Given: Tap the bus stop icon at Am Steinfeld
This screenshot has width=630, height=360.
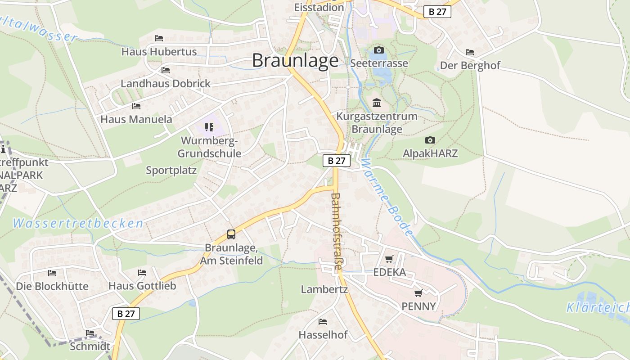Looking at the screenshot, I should (231, 234).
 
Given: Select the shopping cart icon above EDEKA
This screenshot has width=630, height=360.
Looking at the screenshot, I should (389, 259).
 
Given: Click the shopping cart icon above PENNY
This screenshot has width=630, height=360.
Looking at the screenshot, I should (418, 293).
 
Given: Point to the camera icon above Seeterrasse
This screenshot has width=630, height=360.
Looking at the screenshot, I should (379, 50).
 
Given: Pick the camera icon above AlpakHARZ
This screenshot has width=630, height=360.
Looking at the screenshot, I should (430, 140).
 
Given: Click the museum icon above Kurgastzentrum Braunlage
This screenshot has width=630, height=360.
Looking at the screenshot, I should (377, 103).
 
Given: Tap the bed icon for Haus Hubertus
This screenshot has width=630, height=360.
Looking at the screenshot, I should (158, 38).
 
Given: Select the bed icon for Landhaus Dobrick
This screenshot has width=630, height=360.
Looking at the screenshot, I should (166, 70).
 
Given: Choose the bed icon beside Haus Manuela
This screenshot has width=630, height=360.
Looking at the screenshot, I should (136, 106).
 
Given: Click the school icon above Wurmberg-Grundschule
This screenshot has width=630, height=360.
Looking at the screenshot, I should (209, 127).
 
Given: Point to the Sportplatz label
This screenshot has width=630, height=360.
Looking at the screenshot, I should (171, 171).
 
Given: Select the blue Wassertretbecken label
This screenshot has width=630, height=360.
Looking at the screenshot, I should (78, 223).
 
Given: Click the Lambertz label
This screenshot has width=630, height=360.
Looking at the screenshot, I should (324, 289).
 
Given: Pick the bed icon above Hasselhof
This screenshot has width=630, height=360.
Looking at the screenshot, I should (323, 322).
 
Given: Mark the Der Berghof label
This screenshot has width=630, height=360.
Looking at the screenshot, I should (470, 66).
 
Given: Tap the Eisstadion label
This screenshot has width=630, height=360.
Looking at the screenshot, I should (319, 7).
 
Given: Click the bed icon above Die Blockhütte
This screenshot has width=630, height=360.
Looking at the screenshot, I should (52, 273).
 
